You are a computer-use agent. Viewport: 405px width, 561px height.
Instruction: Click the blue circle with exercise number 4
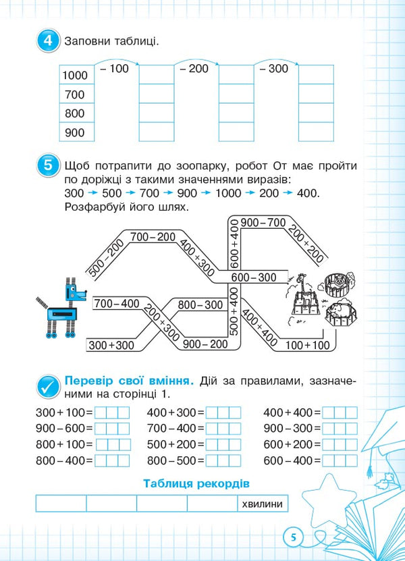click(47, 41)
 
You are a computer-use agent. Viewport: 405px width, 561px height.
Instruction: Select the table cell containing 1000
click(75, 75)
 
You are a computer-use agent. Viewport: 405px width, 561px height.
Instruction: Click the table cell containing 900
click(75, 132)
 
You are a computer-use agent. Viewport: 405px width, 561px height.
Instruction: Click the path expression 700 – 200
click(153, 237)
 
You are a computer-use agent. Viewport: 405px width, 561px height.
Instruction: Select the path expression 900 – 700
click(263, 222)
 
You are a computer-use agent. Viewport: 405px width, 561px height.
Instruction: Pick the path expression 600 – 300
click(254, 277)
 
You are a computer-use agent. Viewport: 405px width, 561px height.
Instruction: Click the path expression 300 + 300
click(112, 345)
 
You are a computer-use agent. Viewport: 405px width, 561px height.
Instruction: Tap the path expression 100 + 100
click(308, 345)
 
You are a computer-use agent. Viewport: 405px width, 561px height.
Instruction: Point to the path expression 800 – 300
click(200, 305)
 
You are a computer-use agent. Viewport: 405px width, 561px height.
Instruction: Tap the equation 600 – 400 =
click(292, 460)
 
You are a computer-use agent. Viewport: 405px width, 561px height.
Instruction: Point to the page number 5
click(294, 537)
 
